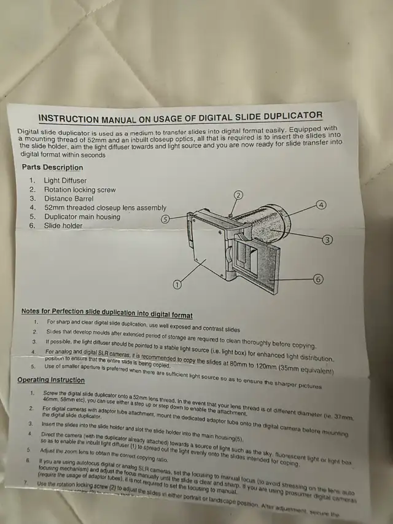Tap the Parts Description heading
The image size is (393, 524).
coord(52,167)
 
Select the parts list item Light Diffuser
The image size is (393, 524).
coord(65,181)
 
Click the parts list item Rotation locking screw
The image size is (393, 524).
coord(79,190)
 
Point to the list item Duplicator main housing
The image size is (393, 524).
coord(82,217)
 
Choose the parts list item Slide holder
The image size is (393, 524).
coord(63,225)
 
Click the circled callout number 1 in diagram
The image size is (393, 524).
coord(177,284)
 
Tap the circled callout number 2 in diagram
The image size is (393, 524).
coord(238,195)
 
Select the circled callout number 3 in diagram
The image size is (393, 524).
coord(327,239)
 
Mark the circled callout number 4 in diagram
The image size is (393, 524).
coord(321,205)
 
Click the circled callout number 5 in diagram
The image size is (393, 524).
coord(165,218)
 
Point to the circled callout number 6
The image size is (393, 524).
coord(318,279)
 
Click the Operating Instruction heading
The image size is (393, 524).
coord(51,380)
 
